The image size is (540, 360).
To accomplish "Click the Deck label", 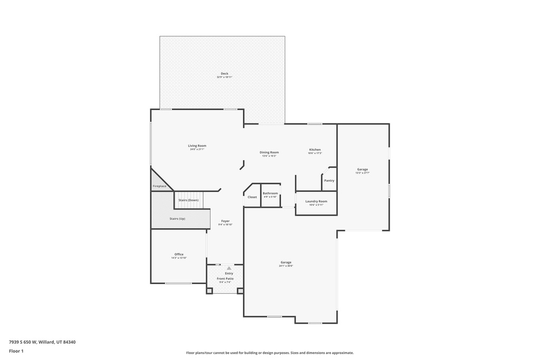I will [x=224, y=74].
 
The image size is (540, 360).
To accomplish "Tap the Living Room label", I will [x=197, y=146].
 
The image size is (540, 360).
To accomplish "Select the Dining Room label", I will [x=269, y=153].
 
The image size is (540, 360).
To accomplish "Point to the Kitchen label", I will [x=315, y=150].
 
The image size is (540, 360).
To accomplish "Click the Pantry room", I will [x=329, y=181].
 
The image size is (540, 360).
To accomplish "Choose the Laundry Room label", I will [x=316, y=201].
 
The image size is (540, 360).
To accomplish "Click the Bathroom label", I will [x=270, y=193].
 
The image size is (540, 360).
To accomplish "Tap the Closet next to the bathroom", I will [x=252, y=197].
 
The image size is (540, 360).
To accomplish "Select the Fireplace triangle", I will [x=159, y=186].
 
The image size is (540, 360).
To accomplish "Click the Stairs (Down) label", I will [x=188, y=200].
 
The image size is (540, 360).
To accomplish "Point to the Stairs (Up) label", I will [x=177, y=219].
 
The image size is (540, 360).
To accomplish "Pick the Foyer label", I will [x=225, y=221].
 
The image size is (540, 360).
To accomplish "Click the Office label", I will [x=179, y=255].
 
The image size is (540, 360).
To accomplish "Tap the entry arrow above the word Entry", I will [x=229, y=268].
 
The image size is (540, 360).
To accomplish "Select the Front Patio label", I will [x=225, y=278].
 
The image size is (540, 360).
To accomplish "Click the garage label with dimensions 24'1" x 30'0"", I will [x=286, y=262].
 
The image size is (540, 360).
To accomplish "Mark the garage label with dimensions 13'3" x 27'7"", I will [x=362, y=170].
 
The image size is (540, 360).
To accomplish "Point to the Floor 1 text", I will [x=16, y=351].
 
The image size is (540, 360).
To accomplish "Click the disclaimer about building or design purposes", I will [x=269, y=353].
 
